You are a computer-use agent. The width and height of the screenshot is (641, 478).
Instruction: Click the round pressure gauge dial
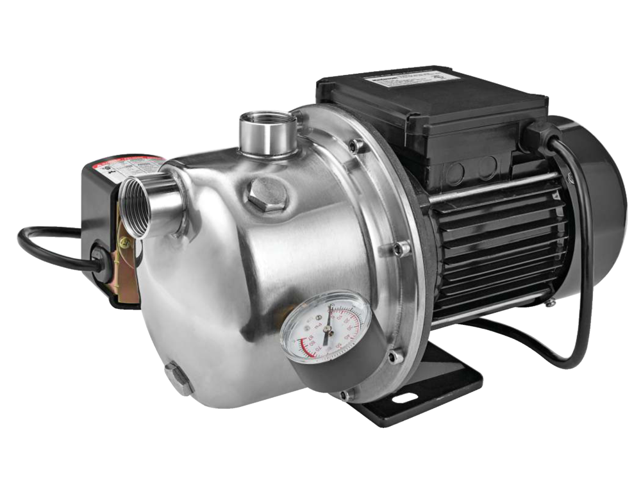(324, 327)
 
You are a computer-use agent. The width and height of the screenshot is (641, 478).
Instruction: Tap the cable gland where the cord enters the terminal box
(537, 135)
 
